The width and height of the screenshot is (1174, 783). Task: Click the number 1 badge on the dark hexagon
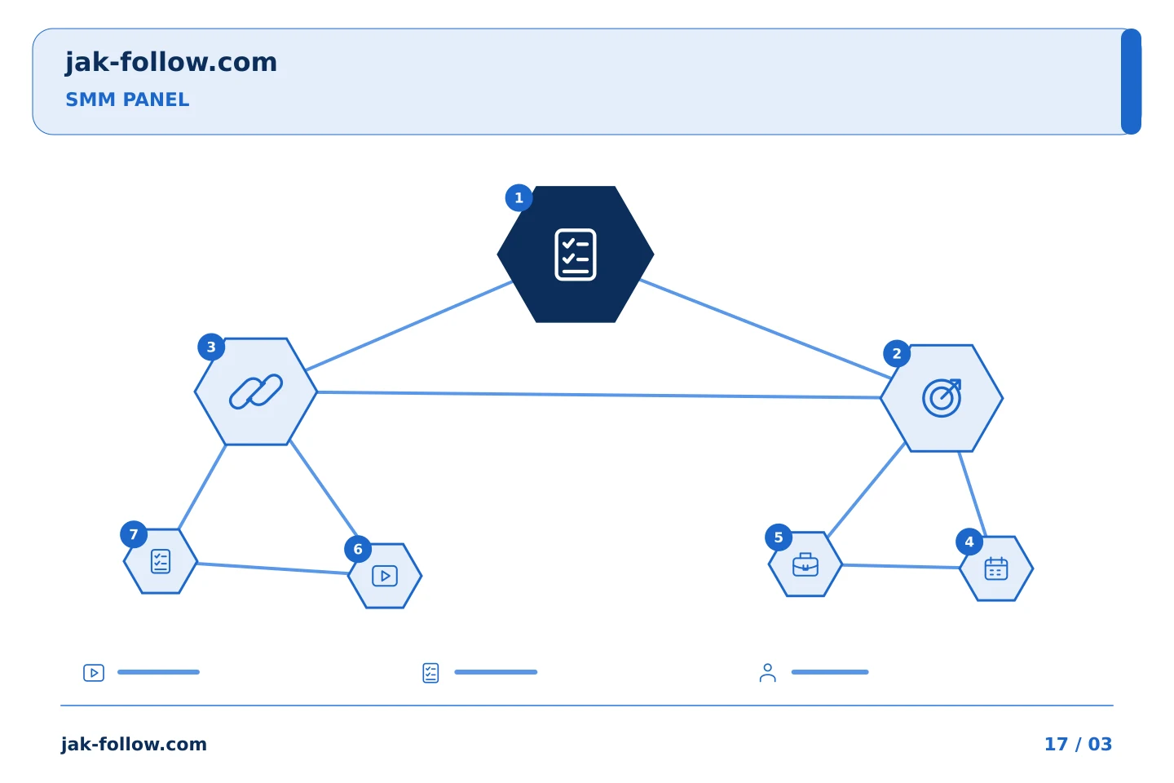point(519,197)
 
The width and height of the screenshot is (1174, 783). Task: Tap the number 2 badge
point(897,353)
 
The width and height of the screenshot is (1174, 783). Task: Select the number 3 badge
point(211,347)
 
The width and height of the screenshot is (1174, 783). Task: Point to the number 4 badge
point(969,542)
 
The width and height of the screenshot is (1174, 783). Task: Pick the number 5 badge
point(779,537)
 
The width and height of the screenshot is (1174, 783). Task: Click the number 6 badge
point(358,549)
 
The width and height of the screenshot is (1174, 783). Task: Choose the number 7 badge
point(134,534)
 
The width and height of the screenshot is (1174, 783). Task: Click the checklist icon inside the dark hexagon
point(576,254)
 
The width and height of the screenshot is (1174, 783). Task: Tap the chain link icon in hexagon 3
point(256,391)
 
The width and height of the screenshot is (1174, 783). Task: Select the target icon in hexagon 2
point(942,398)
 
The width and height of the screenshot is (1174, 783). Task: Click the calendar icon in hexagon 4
point(995,568)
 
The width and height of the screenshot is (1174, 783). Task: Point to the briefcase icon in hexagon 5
point(805,564)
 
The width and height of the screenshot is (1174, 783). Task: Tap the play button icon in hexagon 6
point(385,576)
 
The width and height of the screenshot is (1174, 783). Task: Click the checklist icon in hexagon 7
point(161,561)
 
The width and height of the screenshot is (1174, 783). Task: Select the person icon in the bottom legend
point(767,672)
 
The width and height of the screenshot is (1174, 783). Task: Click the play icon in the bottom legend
point(94,672)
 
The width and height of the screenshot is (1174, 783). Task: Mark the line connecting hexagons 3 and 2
point(598,395)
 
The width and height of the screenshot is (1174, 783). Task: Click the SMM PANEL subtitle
point(127,100)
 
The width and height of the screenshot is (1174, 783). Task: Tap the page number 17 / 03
point(1078,744)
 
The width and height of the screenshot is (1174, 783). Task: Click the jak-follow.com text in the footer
point(134,744)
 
